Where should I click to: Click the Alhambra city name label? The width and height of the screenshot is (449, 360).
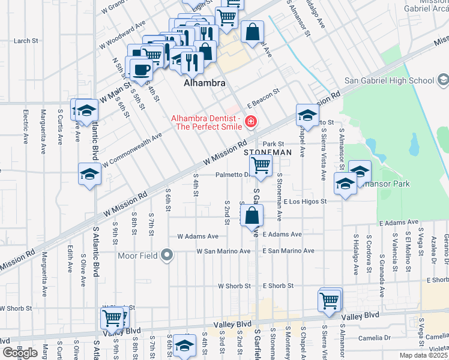coord(204,83)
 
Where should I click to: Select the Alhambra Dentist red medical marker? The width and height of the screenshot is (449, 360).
coord(250,122)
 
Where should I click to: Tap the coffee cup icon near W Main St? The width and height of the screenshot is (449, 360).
coord(142,70)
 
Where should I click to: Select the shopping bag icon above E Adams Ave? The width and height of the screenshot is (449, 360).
coord(253,215)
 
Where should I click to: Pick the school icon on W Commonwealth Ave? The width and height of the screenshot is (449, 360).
coord(90,174)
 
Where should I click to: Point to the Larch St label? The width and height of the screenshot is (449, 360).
coord(26,41)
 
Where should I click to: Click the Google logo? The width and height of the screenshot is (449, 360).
coord(20,353)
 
